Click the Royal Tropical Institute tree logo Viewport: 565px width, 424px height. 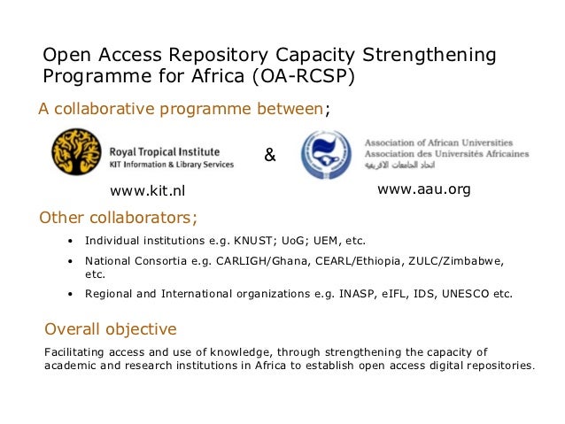coord(77,153)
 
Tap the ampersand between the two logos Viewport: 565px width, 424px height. coord(270,157)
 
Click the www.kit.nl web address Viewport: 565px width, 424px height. coord(149,192)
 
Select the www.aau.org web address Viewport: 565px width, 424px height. coord(423,189)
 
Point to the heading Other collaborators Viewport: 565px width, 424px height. coord(118,218)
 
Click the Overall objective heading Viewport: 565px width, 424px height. coord(111,329)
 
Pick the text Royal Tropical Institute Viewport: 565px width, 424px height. coord(165,151)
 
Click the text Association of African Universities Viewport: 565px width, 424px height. coord(438,142)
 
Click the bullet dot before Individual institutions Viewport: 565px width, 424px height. coord(71,242)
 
